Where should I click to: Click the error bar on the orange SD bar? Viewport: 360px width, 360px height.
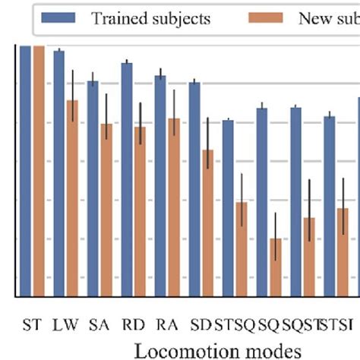pyautogui.click(x=207, y=137)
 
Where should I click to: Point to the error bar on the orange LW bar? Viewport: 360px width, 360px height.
pyautogui.click(x=72, y=95)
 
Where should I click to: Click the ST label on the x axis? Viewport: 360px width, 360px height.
pyautogui.click(x=31, y=325)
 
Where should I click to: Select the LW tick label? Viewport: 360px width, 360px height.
pyautogui.click(x=65, y=325)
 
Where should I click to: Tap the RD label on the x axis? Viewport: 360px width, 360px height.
pyautogui.click(x=132, y=325)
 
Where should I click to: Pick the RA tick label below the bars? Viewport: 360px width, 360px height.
pyautogui.click(x=166, y=325)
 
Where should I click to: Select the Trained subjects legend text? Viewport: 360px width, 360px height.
pyautogui.click(x=150, y=18)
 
